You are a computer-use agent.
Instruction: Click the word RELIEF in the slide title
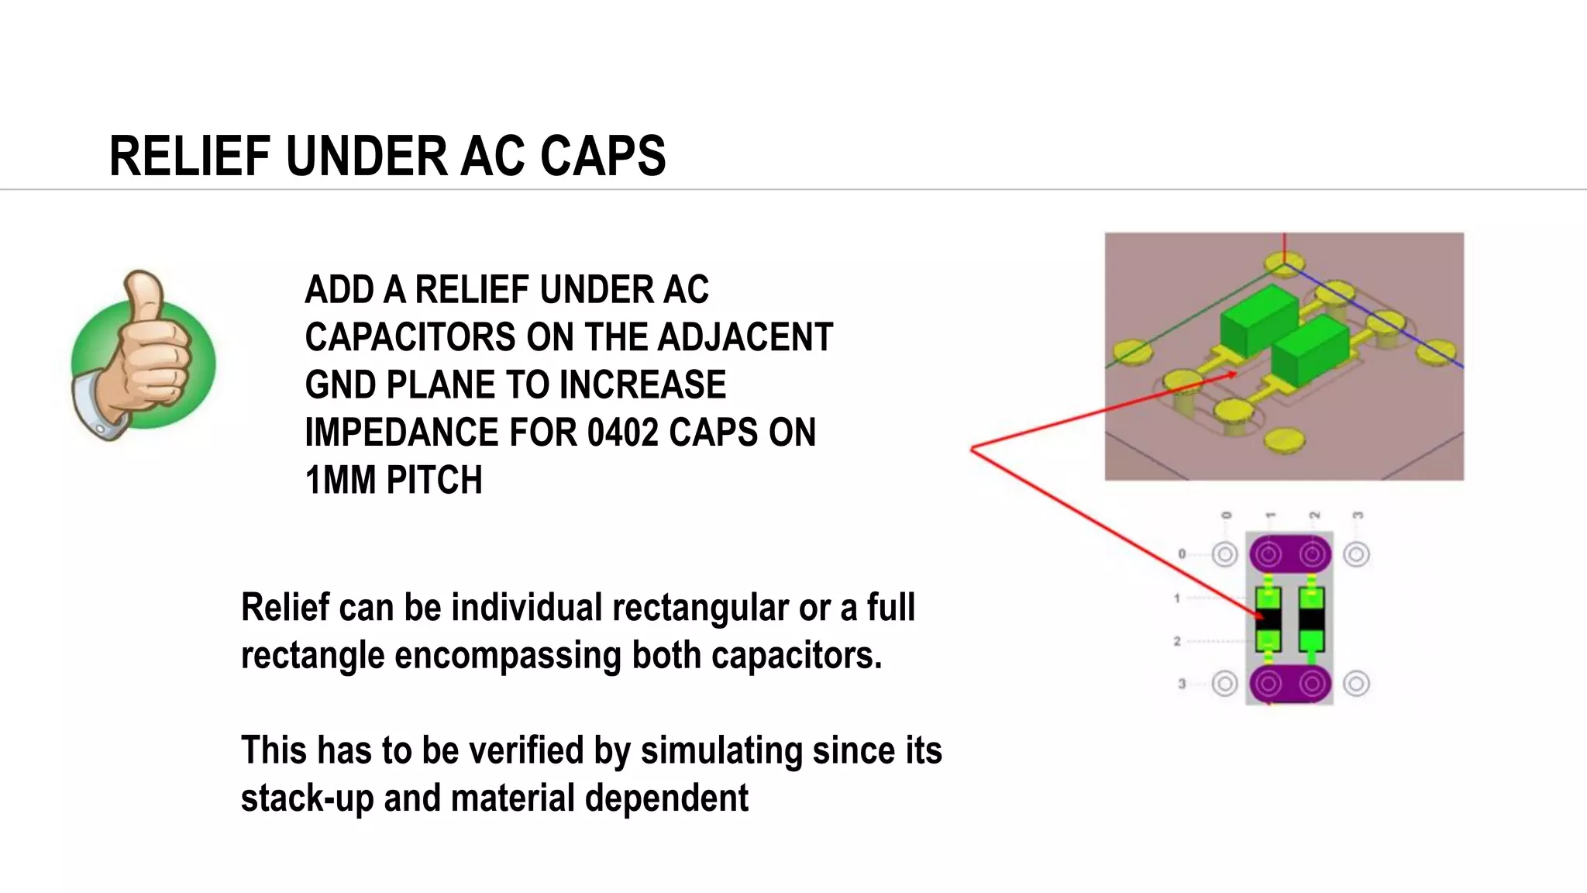(x=190, y=157)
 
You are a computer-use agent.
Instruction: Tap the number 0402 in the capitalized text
(x=621, y=433)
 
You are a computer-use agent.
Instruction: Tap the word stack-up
(x=307, y=798)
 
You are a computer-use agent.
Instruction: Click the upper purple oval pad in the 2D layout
(x=1290, y=554)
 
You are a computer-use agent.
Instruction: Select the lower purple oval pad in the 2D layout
(x=1290, y=684)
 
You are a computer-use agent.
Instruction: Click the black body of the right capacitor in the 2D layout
(x=1312, y=619)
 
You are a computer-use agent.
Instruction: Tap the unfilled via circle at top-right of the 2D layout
(x=1356, y=554)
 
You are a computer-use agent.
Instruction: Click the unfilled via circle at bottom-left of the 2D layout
(x=1224, y=684)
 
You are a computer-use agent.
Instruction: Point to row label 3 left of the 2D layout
(x=1182, y=684)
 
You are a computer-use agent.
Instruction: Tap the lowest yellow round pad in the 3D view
(x=1284, y=440)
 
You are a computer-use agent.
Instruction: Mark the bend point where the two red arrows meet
(x=972, y=448)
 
